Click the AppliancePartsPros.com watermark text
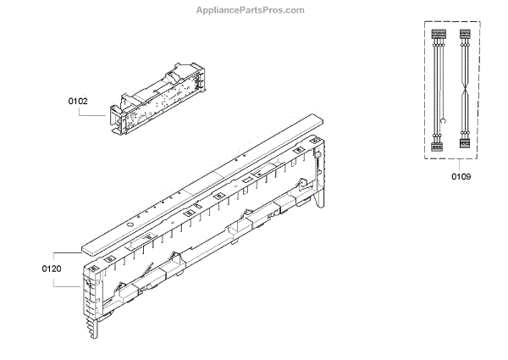pos(254,10)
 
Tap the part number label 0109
pos(461,176)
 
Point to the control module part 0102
pos(157,97)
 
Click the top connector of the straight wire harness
pos(438,36)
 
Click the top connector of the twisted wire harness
pos(464,36)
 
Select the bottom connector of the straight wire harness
pos(438,145)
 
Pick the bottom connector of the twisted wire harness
pos(464,143)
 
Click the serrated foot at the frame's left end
pos(87,326)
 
